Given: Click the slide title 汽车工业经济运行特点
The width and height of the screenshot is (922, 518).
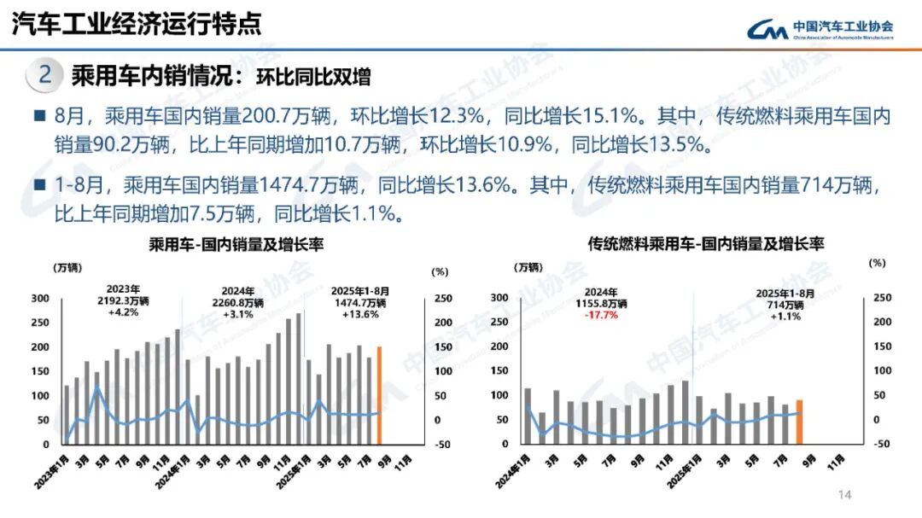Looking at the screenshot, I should tap(136, 23).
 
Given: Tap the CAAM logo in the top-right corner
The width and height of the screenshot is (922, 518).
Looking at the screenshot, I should tap(820, 28).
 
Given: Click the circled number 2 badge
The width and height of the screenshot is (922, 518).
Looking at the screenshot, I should tap(45, 75).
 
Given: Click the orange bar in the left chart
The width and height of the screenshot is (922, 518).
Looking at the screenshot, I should tap(379, 395).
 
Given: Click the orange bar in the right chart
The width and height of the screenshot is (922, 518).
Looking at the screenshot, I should tap(800, 422).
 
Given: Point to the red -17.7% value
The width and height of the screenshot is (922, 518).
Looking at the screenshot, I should tap(602, 315).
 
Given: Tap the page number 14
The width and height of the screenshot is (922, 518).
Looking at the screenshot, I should tap(846, 495).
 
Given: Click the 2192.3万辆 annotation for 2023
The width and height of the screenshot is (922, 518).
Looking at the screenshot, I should tap(123, 301).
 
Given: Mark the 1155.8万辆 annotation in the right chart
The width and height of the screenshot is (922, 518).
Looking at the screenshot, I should tap(602, 303).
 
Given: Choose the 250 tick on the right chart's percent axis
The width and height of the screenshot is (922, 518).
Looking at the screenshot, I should tap(882, 298).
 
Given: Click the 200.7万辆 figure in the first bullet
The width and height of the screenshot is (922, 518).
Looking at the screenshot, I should tap(278, 116).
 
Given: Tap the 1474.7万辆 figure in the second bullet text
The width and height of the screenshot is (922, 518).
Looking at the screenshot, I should tap(308, 183).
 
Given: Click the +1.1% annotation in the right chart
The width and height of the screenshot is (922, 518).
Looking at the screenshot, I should tap(785, 316).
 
